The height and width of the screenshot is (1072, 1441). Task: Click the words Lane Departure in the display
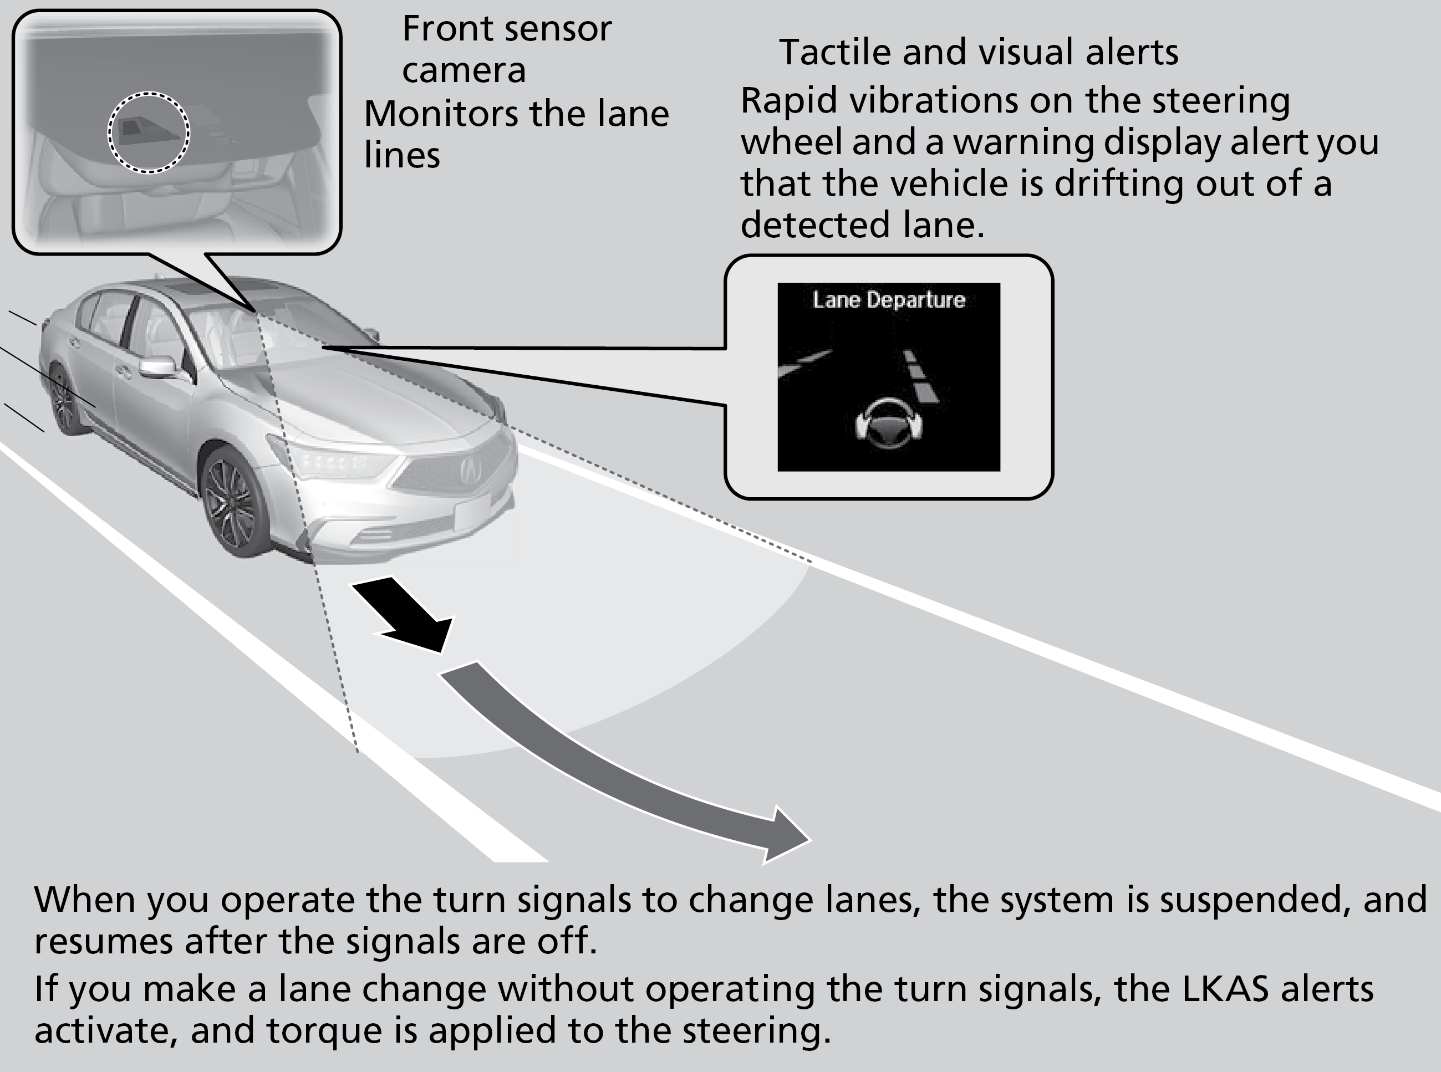889,300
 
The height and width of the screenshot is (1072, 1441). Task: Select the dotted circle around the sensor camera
149,132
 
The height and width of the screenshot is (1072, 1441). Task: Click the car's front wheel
231,503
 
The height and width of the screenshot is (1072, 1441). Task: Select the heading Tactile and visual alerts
978,52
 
